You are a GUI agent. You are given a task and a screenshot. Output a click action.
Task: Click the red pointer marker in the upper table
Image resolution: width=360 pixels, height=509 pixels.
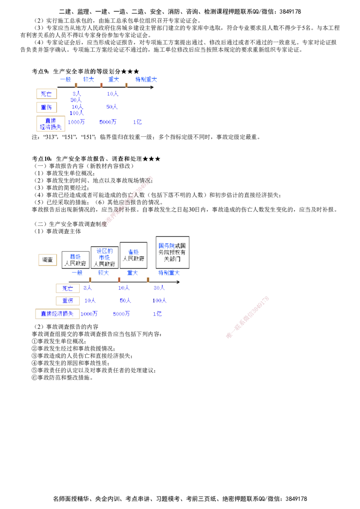pos(101,85)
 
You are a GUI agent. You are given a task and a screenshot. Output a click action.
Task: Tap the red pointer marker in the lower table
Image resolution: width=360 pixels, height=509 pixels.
pos(119,280)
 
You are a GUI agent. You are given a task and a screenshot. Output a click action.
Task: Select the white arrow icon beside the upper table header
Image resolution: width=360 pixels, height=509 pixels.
pos(152,87)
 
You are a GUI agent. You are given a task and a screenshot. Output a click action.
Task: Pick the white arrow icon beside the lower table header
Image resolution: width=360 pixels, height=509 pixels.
pos(179,281)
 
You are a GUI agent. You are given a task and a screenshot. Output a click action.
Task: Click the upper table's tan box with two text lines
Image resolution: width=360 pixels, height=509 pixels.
pos(52,124)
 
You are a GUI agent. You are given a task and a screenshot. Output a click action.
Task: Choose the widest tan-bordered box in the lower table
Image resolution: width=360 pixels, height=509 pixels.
pos(57,313)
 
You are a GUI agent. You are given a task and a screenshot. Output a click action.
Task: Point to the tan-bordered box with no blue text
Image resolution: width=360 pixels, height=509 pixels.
pos(47,259)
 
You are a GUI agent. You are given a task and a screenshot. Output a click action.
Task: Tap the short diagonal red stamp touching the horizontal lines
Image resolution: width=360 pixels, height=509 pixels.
pos(248,317)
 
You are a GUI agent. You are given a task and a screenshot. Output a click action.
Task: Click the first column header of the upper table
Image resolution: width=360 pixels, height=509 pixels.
pos(66,80)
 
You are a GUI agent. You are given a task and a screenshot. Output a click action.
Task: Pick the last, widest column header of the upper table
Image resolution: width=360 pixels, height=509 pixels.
pos(146,80)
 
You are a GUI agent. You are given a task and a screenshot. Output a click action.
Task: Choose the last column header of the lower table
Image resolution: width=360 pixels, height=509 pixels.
pos(169,273)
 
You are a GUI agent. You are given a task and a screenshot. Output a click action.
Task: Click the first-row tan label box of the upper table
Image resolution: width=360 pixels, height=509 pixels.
pos(46,94)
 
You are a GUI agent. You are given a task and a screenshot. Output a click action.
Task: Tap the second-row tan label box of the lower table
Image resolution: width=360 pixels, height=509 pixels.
pos(68,300)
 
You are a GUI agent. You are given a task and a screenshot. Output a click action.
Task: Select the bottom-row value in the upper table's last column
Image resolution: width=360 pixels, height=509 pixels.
pos(138,122)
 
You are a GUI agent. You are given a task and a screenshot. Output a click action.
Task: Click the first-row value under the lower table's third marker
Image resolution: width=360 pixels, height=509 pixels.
pos(159,288)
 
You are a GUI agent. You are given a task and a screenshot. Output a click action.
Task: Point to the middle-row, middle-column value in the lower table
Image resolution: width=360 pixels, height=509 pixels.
pos(125,300)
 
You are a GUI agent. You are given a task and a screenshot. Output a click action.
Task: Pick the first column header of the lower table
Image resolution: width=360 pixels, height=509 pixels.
pos(76,273)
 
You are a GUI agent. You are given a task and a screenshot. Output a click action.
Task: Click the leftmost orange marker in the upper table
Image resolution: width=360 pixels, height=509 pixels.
pos(76,85)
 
